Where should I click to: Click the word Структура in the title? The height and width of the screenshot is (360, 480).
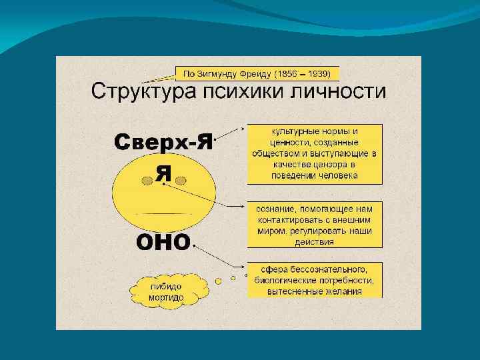(x=143, y=91)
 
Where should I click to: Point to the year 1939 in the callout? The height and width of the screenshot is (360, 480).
(x=319, y=74)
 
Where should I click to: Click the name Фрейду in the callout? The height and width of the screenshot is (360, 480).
(x=255, y=74)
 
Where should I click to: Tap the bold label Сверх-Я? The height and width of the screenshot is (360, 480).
(x=163, y=142)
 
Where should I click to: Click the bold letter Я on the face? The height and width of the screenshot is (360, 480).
(x=163, y=174)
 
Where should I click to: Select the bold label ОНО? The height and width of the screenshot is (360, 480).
(x=163, y=242)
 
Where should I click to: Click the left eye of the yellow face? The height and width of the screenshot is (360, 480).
(x=147, y=181)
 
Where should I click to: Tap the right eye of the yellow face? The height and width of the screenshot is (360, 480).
(x=180, y=181)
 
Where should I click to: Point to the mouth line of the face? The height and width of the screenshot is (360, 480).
(x=164, y=214)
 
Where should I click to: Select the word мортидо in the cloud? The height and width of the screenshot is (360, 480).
(x=166, y=297)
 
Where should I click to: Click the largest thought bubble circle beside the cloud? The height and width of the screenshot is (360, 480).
(x=218, y=281)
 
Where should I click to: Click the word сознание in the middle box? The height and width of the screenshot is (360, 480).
(x=275, y=209)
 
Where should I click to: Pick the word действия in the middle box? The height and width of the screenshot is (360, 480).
(x=314, y=242)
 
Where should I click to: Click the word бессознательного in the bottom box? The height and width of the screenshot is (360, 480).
(x=328, y=270)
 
